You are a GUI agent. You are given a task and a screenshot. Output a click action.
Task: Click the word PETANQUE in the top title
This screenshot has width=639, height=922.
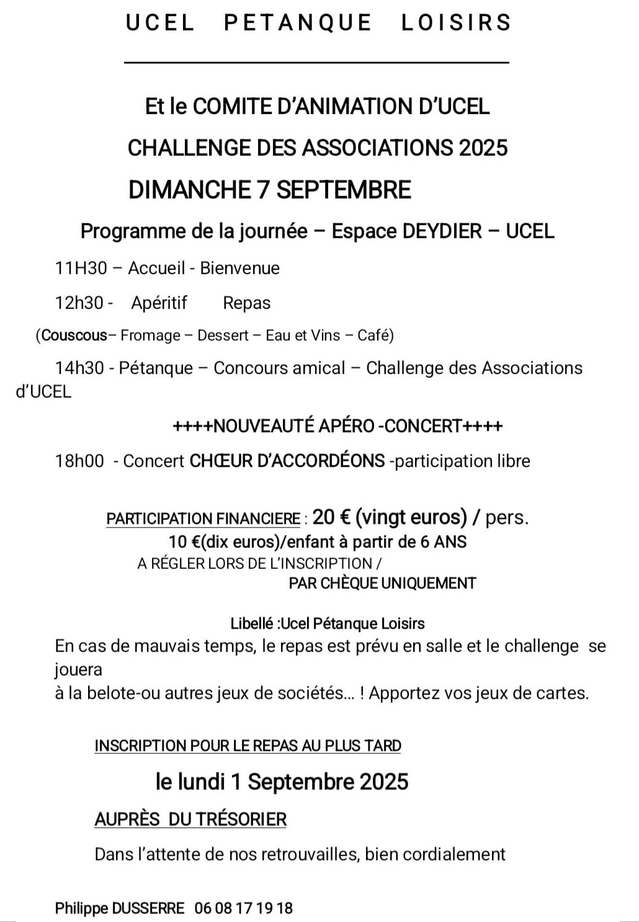tap(297, 22)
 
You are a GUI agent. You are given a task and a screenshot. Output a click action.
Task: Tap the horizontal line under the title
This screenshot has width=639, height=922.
tap(316, 62)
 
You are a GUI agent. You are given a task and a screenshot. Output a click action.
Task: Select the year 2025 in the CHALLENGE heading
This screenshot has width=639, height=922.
tap(483, 148)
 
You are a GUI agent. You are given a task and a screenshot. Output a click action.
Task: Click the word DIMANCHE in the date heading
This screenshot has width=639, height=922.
tap(189, 189)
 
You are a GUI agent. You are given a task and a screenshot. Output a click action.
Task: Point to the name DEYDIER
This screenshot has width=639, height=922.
tap(442, 231)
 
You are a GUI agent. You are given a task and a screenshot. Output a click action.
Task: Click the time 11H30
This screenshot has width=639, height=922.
tap(81, 268)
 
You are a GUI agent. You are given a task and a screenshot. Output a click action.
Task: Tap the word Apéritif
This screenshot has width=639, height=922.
tap(159, 303)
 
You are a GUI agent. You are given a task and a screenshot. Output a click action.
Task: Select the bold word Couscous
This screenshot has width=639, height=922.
tap(74, 336)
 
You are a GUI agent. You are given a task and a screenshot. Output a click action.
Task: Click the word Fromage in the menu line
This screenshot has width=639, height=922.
tap(150, 336)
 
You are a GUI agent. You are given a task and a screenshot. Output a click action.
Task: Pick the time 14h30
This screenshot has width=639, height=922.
tap(79, 368)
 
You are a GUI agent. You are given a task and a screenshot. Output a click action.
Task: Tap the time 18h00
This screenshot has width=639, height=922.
tap(79, 461)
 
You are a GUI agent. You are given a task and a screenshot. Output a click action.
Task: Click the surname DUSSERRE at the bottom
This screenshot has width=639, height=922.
tap(148, 908)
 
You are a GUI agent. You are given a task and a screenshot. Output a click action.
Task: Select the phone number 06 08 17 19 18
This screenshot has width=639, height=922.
tap(243, 908)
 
